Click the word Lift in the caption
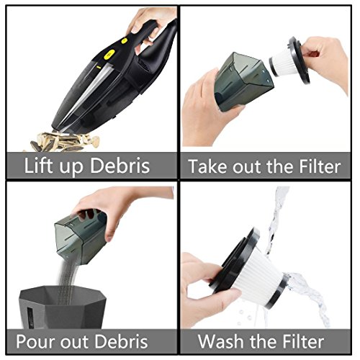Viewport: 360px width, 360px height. click(38, 165)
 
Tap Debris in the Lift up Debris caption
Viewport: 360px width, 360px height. click(120, 165)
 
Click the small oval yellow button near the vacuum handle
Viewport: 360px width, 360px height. click(124, 41)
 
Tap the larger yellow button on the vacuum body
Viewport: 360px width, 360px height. click(109, 54)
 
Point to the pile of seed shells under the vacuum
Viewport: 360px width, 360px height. click(63, 142)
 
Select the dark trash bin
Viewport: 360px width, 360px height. click(63, 307)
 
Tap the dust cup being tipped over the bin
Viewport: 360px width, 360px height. click(81, 236)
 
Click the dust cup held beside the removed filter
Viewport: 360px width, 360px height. click(243, 81)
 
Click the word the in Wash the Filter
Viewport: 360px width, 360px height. click(264, 341)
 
